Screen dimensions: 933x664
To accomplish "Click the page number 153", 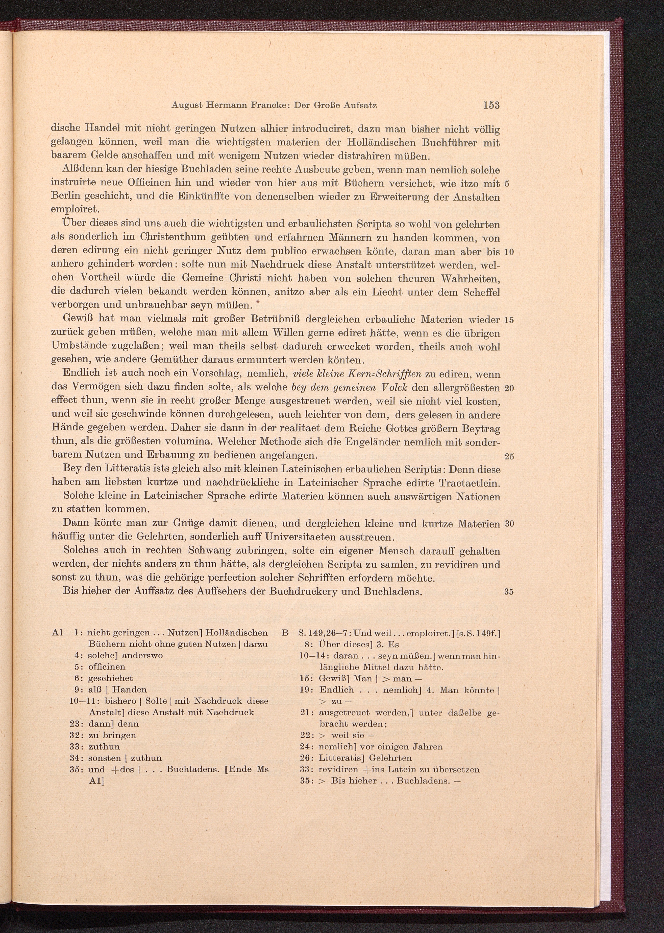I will pos(491,105).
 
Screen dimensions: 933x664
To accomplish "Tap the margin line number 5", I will pos(507,184).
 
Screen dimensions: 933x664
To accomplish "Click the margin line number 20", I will pos(509,388).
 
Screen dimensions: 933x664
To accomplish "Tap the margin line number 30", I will pos(509,524).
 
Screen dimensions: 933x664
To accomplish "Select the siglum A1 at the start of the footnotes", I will pos(58,633).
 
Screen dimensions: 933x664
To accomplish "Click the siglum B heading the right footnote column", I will pos(285,633).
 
